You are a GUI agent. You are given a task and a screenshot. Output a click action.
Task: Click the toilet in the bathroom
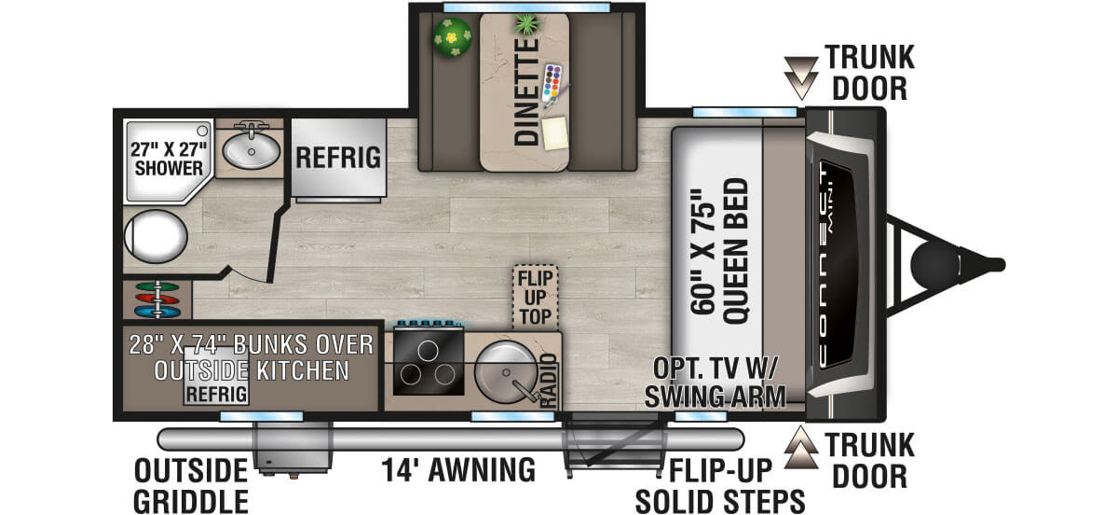coord(156,236)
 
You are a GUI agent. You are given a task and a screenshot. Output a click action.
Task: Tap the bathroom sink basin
coord(251,151)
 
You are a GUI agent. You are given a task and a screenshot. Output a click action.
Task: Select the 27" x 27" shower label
coord(169,159)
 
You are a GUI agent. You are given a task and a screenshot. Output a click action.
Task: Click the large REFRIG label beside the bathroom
coord(338,158)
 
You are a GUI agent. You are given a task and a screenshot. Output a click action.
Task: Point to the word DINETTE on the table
coord(526,92)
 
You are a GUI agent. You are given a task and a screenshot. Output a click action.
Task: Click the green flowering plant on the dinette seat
coord(452,37)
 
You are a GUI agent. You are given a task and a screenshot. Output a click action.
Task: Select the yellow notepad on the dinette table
coord(555,133)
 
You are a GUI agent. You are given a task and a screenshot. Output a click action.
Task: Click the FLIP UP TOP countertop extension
coord(535,298)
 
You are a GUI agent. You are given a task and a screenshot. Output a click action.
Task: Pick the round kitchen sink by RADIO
coord(505,372)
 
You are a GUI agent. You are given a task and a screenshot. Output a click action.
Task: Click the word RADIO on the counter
coord(549,380)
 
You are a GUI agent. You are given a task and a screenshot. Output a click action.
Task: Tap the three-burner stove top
coord(429,360)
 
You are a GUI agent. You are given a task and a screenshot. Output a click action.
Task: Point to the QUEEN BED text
coord(736,251)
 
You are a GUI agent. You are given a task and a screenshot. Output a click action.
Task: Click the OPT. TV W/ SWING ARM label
coord(715,383)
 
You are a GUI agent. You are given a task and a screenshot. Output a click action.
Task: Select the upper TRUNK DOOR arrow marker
coord(800,78)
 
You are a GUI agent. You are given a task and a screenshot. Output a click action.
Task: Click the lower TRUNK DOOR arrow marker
coord(800,447)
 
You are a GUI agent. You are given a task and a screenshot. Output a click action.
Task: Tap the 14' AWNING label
coord(458,470)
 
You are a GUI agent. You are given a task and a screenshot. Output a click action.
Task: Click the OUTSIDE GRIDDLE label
coord(191,485)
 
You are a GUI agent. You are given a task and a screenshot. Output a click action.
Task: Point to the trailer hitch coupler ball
coord(934,265)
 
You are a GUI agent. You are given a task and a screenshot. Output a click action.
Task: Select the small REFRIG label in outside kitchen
coord(216,395)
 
